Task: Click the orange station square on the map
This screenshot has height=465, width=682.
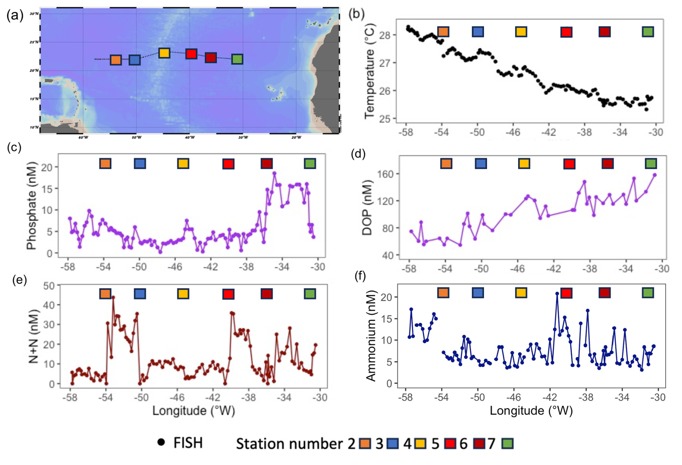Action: point(116,60)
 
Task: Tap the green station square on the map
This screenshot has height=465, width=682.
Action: point(237,59)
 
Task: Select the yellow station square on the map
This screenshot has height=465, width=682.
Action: point(164,53)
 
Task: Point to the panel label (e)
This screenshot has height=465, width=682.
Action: point(19,280)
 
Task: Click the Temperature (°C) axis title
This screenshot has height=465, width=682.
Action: point(370,71)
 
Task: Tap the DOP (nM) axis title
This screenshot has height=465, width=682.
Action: point(367,207)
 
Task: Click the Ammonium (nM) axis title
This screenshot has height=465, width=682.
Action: point(371,336)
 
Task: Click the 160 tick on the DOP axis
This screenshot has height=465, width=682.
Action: point(385,174)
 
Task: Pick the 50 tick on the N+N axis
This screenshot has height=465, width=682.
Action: point(49,286)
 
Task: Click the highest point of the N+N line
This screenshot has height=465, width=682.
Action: point(113,298)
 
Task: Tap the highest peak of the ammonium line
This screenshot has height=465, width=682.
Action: point(557,294)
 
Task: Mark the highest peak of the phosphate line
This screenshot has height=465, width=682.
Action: point(274,173)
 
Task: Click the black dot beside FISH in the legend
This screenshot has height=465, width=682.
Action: point(161,442)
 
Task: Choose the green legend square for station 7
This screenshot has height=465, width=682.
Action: point(508,443)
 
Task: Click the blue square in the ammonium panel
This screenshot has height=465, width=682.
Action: point(478,293)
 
